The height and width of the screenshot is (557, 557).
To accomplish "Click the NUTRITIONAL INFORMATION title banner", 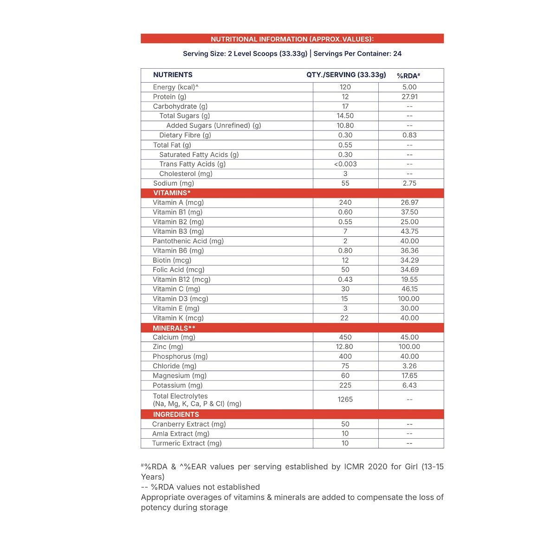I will click(x=292, y=39).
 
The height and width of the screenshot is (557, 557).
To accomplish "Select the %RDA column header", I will click(x=408, y=75).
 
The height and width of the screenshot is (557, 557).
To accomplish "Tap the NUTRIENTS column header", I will click(x=173, y=75).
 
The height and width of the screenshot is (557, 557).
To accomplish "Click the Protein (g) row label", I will click(x=169, y=97).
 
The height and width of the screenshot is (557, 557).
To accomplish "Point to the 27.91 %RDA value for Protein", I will click(x=409, y=97).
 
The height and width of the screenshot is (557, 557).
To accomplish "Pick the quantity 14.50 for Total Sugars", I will click(x=345, y=116).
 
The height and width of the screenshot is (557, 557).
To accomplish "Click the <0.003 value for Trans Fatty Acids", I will click(x=345, y=164).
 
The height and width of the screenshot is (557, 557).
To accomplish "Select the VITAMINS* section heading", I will click(x=172, y=193).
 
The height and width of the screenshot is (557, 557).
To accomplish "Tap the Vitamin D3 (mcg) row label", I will click(x=181, y=298).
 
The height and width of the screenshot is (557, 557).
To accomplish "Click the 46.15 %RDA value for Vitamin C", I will click(x=409, y=289).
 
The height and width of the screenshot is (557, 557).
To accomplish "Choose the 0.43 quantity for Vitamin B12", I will click(x=345, y=279).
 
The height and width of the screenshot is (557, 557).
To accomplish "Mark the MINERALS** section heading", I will click(x=174, y=328).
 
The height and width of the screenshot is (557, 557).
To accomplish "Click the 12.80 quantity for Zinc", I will click(x=345, y=347).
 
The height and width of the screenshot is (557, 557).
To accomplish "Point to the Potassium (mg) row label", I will click(x=178, y=385).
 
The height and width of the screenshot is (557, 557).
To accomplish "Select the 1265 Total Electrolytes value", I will click(x=345, y=399).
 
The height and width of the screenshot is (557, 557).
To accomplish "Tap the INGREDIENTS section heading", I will click(x=176, y=415).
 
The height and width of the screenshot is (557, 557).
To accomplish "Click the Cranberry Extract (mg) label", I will click(x=189, y=424).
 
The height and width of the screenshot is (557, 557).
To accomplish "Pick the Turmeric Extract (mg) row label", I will click(x=187, y=443).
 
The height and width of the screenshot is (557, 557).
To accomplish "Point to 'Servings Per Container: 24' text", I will click(x=357, y=53).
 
